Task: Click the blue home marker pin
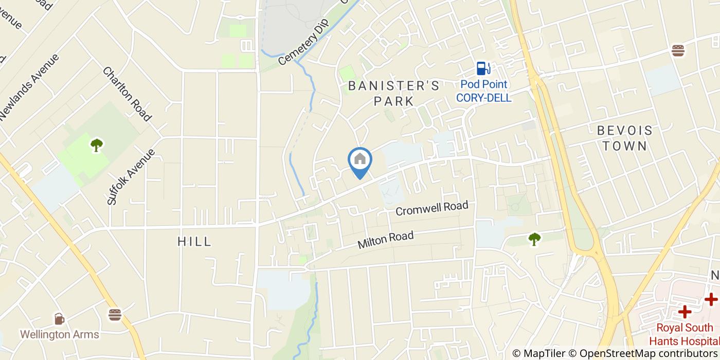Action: pos(360,160)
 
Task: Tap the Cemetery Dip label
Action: pos(303,44)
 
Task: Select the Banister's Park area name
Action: pos(394,93)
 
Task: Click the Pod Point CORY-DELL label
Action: pos(483,91)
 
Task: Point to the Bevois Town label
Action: pos(624,138)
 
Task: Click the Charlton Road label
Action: pos(127,94)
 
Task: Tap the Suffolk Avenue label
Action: pos(131,176)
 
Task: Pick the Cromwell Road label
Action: pos(432,208)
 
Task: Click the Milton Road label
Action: pos(386,240)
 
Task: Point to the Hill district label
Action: pos(194,241)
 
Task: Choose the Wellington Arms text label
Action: pos(60,334)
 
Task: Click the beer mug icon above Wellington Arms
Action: pos(60,319)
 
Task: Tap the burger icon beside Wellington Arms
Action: pos(115,314)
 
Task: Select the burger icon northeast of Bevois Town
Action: pos(678,50)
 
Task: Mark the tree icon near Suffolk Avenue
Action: pos(96,145)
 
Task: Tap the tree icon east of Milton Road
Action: pos(534,239)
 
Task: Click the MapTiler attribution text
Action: pos(545,353)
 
